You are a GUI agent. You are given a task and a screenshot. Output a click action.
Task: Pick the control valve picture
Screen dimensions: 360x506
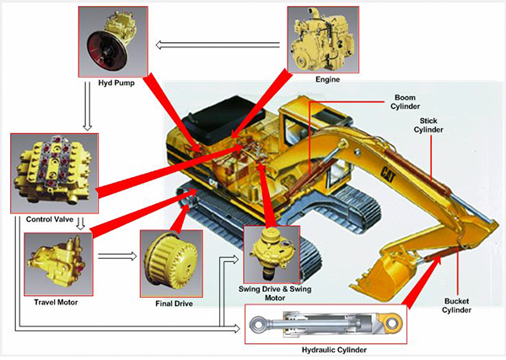44,173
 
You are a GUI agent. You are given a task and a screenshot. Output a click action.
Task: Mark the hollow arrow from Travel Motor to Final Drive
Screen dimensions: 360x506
122,254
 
